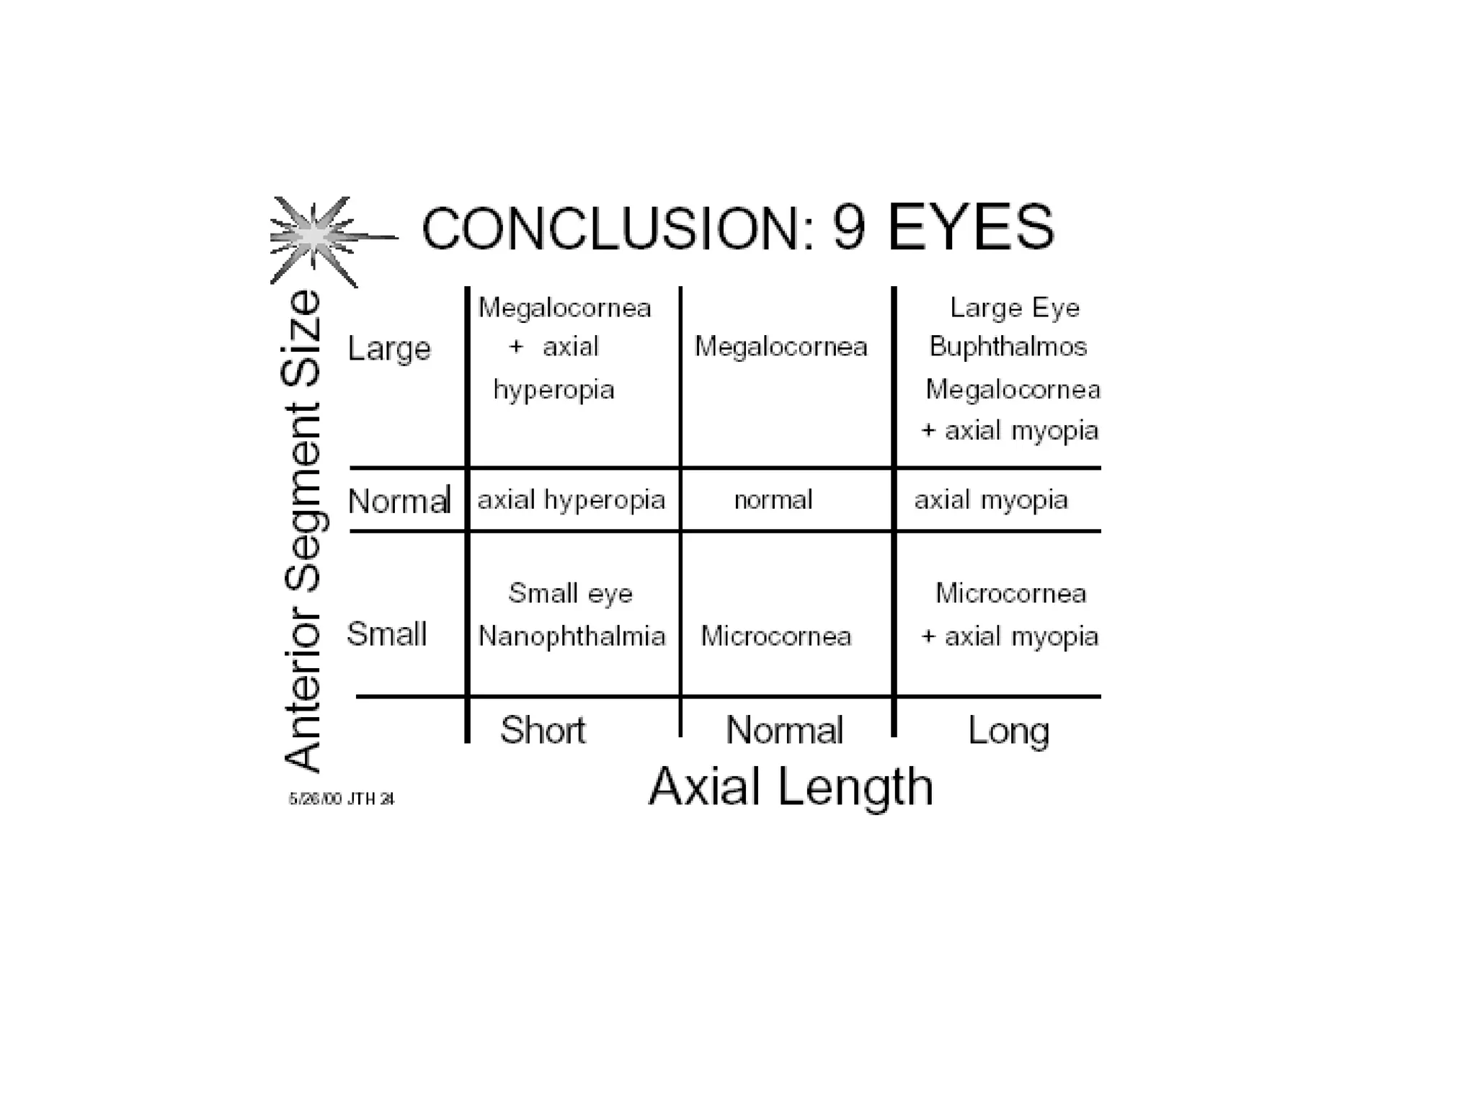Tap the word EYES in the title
tap(971, 228)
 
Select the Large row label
tap(389, 350)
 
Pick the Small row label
tap(387, 634)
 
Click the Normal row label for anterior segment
tap(399, 500)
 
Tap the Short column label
tap(543, 730)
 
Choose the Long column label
tap(1008, 731)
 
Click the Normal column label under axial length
tap(784, 730)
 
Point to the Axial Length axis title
tap(791, 787)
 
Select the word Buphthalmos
tap(1008, 347)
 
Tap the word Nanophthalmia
tap(572, 636)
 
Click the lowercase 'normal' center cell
tap(773, 499)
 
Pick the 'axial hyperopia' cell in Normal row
tap(571, 499)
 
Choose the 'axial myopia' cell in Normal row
tap(991, 499)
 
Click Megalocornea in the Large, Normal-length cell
tap(781, 347)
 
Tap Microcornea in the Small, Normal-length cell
tap(776, 636)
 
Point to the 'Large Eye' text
tap(1015, 308)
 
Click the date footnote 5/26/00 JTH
tap(342, 799)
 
